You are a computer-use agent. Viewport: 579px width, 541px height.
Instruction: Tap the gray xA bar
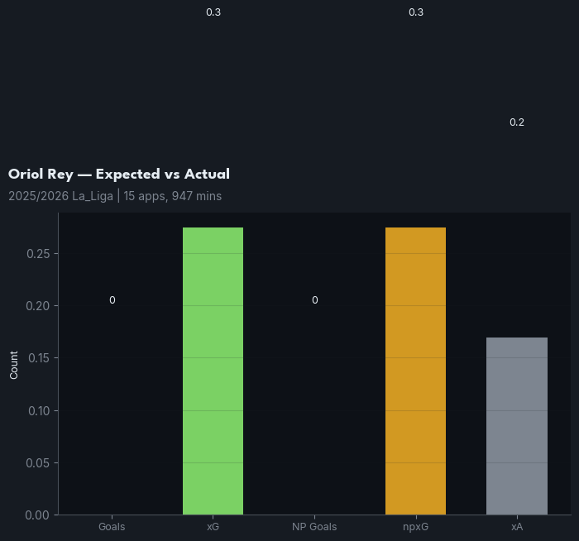517,426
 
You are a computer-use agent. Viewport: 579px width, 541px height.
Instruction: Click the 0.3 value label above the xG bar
213,12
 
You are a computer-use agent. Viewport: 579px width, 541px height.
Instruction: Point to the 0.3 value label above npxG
416,12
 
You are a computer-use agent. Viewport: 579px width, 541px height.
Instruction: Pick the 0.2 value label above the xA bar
517,122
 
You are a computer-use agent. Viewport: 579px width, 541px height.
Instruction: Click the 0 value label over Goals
112,300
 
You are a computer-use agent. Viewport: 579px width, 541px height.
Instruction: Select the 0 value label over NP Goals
314,300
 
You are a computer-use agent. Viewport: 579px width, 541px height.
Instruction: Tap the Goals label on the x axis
112,527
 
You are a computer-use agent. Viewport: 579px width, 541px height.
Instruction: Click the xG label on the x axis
213,527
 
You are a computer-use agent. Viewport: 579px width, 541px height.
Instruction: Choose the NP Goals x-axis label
314,527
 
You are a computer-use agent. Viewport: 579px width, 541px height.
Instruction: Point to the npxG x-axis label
415,527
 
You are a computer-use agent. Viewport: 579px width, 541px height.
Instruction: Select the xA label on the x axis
517,527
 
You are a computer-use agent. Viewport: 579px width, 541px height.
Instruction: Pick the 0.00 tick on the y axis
38,515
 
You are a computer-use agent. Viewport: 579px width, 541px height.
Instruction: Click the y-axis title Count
14,365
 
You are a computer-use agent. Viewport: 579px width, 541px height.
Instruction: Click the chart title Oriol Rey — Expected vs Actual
119,175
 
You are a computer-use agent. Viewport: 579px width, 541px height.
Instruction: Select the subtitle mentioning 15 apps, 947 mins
115,197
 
